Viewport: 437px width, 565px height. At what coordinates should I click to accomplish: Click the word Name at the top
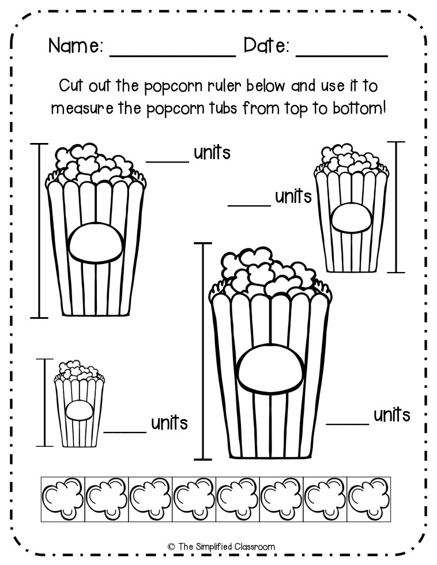76,46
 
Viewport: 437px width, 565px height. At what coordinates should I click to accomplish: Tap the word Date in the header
266,46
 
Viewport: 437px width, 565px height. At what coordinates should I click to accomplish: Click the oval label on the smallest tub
78,410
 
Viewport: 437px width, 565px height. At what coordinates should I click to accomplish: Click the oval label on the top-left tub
96,242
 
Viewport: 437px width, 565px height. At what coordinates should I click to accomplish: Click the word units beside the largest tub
392,415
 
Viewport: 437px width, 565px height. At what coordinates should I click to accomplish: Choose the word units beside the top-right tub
293,197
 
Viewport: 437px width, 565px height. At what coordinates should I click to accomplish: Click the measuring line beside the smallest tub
44,402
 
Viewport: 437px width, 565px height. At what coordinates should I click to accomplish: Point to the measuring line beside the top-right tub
396,206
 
